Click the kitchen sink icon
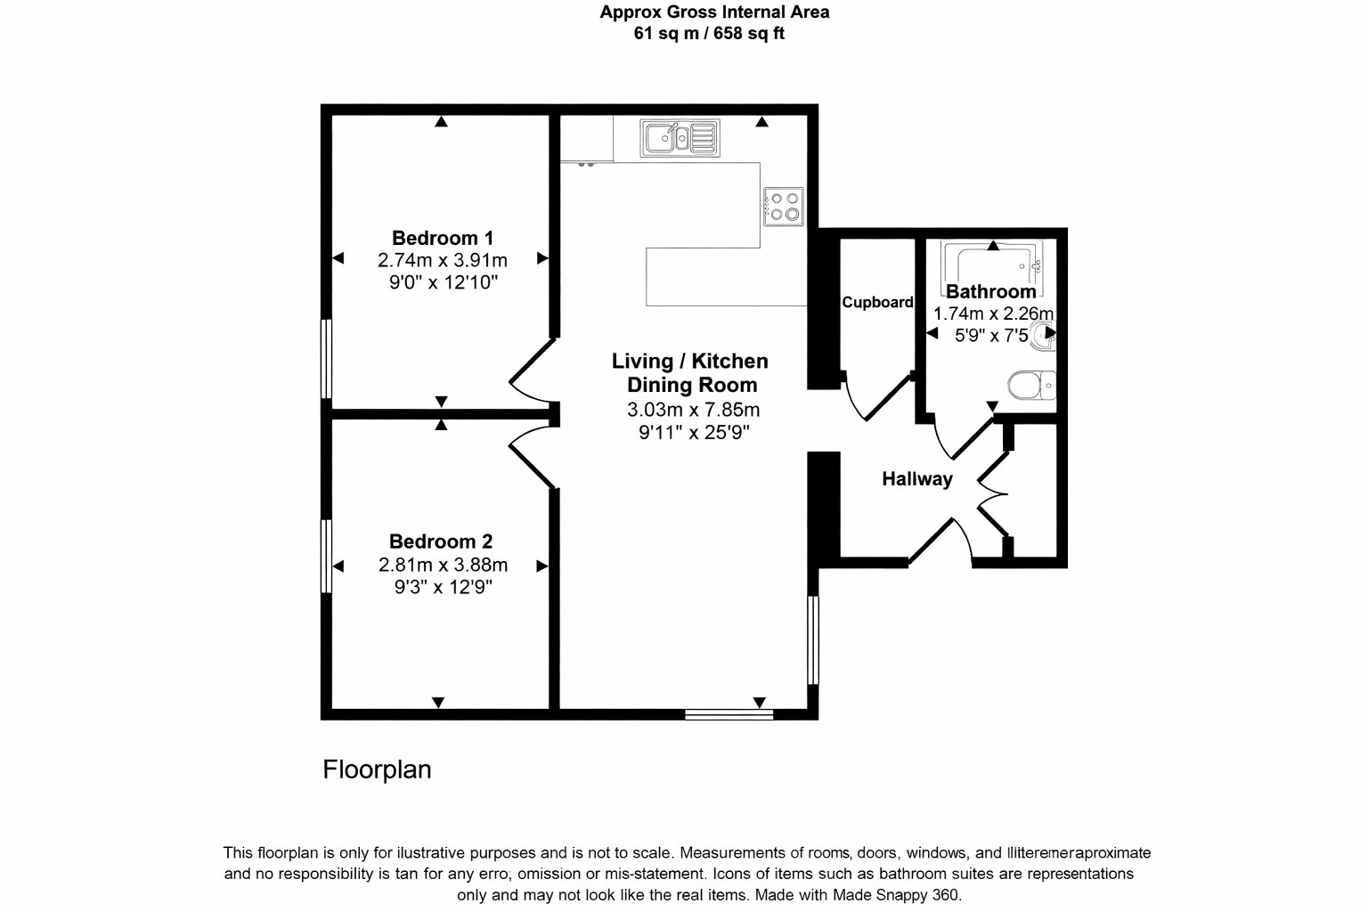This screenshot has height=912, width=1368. point(680,138)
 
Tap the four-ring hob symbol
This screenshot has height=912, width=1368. point(784,206)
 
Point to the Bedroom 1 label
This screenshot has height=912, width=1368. point(443,238)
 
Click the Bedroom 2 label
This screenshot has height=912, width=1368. point(441,541)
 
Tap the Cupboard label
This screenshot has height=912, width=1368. point(877,302)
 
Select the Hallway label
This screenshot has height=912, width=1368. point(916,479)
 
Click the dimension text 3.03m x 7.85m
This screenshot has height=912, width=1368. point(693,410)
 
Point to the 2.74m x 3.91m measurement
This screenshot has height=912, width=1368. point(443,260)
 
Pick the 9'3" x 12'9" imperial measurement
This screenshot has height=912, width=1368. point(443,587)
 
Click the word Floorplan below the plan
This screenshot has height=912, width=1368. point(377,769)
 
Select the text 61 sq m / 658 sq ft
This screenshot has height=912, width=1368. point(709,34)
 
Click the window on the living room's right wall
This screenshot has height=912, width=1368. point(812,639)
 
